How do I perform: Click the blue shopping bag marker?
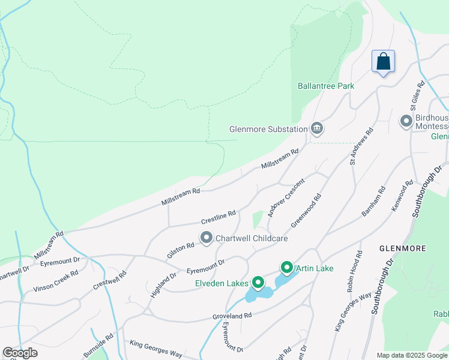click(383, 62)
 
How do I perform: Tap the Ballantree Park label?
click(326, 86)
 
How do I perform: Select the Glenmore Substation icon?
click(317, 128)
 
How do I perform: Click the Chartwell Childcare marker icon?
click(206, 238)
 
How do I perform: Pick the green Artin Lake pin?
click(287, 268)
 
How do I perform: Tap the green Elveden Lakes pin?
click(259, 282)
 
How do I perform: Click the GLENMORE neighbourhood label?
click(402, 248)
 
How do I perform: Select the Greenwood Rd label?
click(306, 210)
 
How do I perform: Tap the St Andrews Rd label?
click(362, 146)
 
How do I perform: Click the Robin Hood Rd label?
click(354, 272)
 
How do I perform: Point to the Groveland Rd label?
click(231, 316)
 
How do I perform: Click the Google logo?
click(20, 353)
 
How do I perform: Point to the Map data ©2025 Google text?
click(412, 355)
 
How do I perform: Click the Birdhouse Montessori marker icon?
click(406, 122)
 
